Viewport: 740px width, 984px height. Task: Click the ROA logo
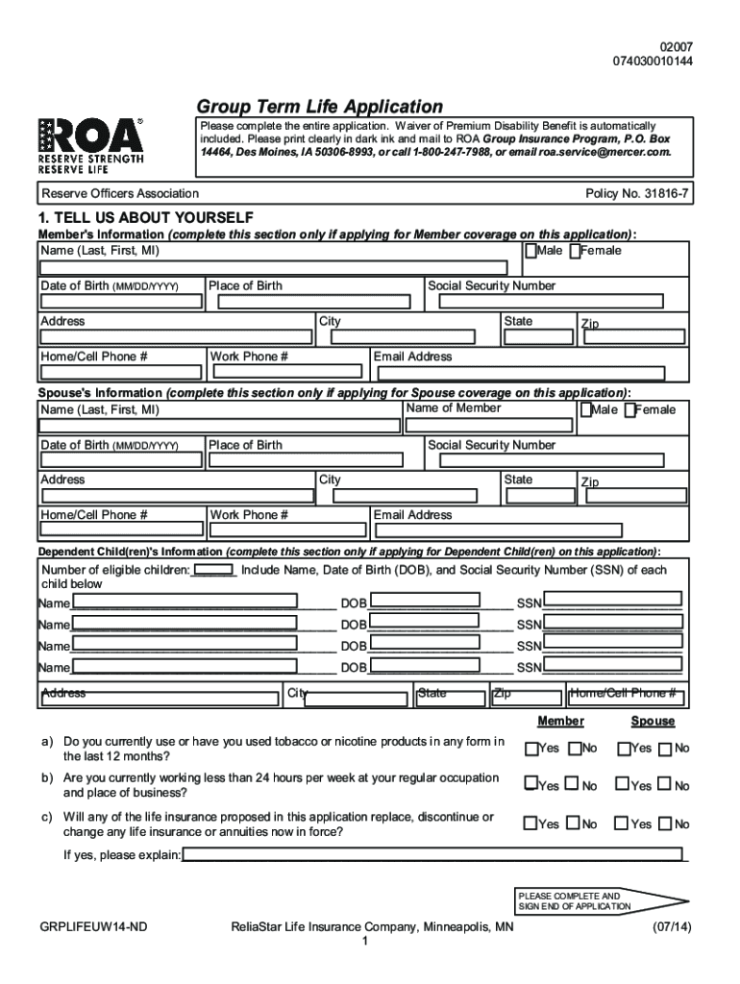91,144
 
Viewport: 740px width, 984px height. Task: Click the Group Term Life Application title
319,107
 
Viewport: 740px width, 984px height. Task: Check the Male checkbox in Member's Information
530,252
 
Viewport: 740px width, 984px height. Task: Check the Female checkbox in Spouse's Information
629,410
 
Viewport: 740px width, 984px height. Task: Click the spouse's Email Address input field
530,531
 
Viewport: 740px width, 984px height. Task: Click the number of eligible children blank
213,570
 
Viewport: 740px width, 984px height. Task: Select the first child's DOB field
425,601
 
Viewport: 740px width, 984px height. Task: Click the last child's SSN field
613,665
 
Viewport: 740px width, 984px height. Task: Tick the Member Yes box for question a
530,749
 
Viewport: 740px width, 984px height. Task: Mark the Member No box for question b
573,785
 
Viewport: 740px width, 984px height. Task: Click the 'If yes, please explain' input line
432,854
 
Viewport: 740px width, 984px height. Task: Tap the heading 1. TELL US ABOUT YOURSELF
145,218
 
